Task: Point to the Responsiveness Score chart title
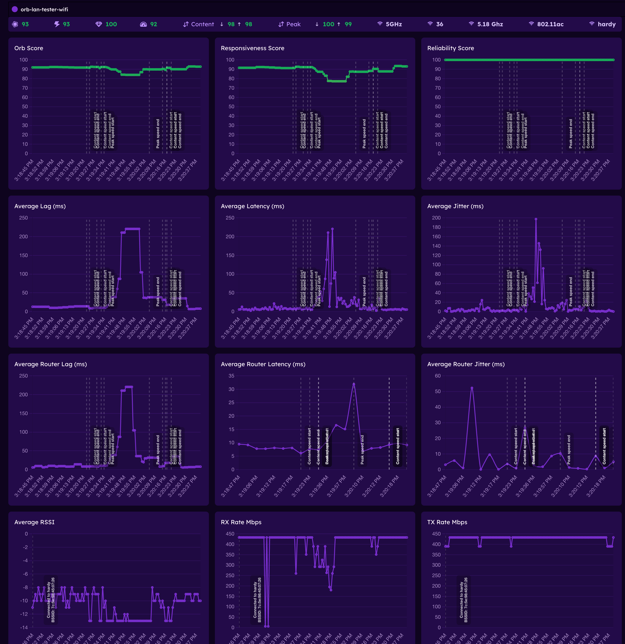click(x=252, y=48)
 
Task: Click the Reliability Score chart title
click(x=450, y=48)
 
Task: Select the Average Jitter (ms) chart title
click(x=455, y=206)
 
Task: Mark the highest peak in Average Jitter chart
click(x=536, y=219)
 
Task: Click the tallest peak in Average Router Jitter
click(x=472, y=388)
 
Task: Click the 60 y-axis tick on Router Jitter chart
click(x=438, y=376)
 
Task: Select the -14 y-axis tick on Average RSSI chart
click(x=24, y=628)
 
